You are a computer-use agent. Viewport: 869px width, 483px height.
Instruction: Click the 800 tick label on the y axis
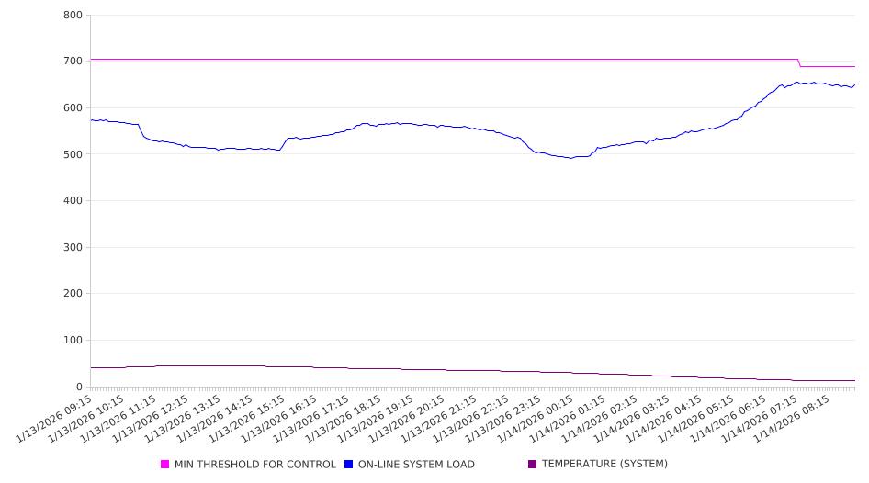(73, 16)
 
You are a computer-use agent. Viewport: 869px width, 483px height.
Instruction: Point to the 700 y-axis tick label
(73, 62)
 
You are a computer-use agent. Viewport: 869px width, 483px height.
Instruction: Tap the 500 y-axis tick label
(73, 154)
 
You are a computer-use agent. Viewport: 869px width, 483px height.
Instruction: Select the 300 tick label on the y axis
(73, 248)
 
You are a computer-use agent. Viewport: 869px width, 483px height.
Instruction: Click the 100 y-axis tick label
(73, 341)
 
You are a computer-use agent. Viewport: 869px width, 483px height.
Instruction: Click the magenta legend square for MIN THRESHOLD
(165, 465)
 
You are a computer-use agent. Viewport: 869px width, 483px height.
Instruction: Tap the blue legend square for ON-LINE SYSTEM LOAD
(349, 465)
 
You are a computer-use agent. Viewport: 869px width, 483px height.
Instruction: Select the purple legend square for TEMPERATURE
(533, 465)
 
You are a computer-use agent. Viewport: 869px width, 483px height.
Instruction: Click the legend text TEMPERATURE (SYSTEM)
(604, 465)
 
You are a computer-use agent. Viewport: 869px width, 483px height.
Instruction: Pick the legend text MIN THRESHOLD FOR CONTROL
(255, 465)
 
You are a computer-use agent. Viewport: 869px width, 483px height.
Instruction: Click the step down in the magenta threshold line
(799, 62)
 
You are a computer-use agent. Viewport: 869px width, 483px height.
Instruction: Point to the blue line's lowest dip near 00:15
(571, 158)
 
